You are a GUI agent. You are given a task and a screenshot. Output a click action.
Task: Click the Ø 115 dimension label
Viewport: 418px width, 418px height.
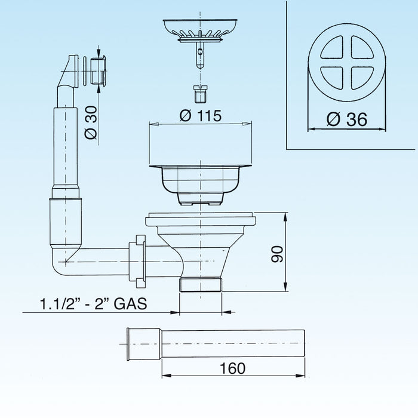coord(200,116)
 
